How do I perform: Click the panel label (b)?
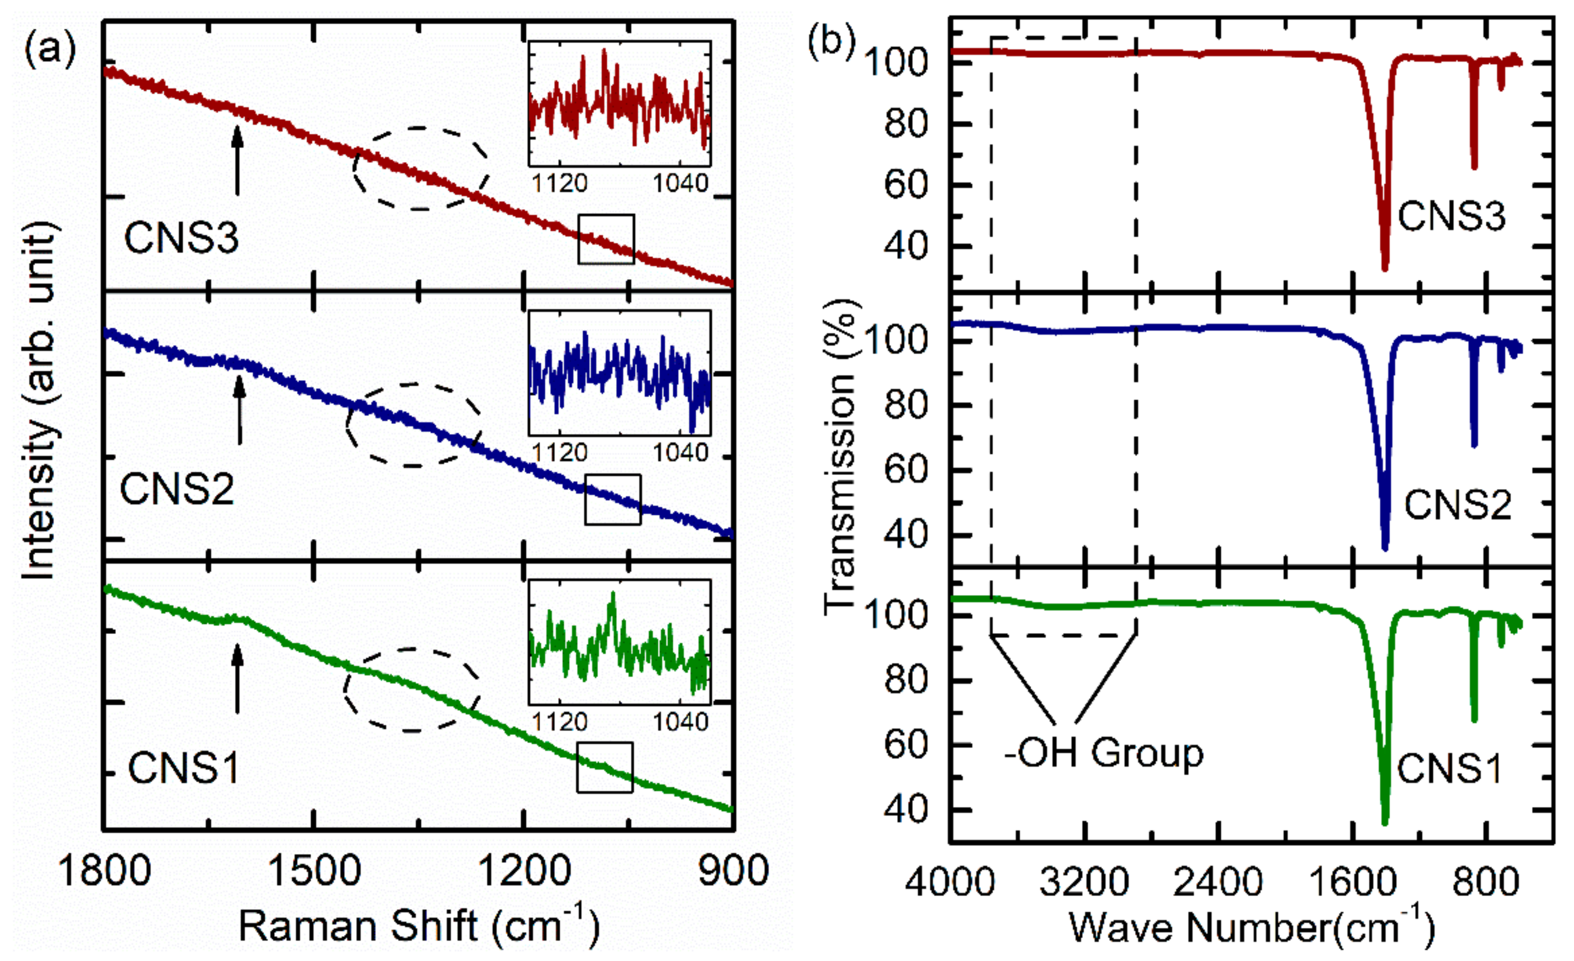coord(831,42)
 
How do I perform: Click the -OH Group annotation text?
coord(1104,753)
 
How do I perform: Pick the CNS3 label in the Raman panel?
coord(181,238)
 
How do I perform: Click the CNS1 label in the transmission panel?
coord(1448,769)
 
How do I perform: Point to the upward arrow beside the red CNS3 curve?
coord(237,160)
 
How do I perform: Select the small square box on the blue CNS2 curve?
coord(613,499)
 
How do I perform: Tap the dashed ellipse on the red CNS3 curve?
coord(420,168)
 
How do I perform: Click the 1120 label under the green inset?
coord(560,722)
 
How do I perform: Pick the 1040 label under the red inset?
coord(680,184)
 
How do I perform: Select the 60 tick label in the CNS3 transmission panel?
coord(906,185)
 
